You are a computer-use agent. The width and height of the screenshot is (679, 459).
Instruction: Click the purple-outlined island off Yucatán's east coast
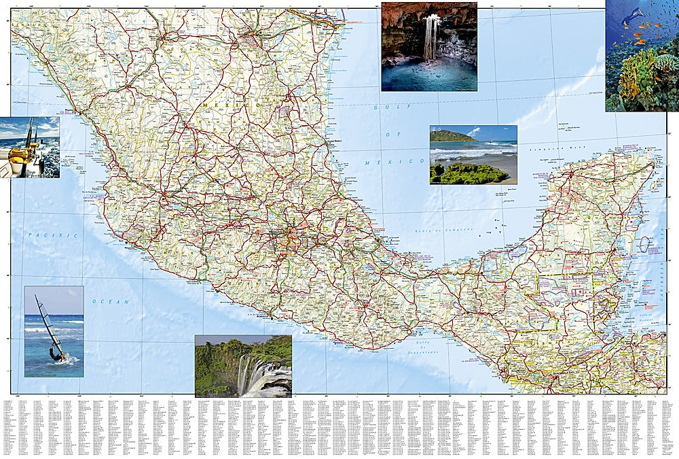[644, 244]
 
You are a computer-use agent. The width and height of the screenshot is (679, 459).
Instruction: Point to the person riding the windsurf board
[56, 353]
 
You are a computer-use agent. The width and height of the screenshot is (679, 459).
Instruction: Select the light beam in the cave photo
[430, 37]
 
